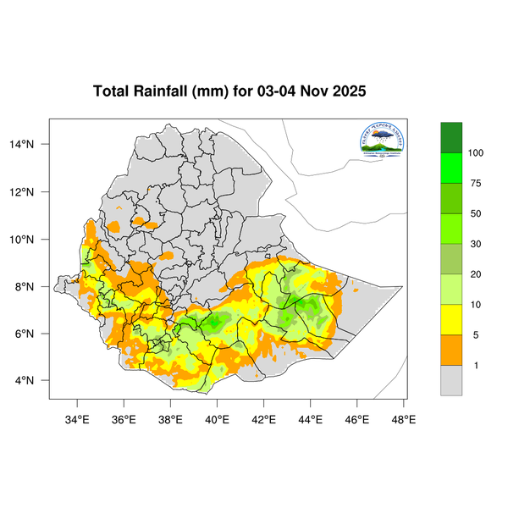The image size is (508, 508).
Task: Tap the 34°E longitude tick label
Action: coord(78,417)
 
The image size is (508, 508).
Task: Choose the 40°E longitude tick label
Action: coord(218,417)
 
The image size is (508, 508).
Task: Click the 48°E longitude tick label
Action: coord(403,417)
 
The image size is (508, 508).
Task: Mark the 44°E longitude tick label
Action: coord(310,417)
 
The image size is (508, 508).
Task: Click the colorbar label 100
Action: coord(476,152)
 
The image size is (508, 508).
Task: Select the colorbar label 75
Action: coord(476,183)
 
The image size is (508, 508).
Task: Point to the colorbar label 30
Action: coord(476,244)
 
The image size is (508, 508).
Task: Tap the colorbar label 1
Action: coord(476,366)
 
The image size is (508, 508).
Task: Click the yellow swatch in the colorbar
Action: coord(451,320)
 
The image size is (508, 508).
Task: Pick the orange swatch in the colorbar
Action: coord(451,351)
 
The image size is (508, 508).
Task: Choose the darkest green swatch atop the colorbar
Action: coord(451,136)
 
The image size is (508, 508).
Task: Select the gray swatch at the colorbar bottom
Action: coord(451,381)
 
